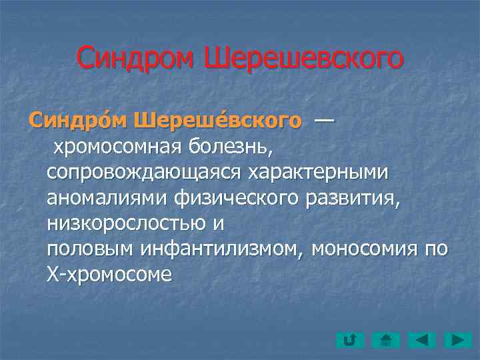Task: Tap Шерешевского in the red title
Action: [x=303, y=58]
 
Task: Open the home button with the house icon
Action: [x=385, y=341]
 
